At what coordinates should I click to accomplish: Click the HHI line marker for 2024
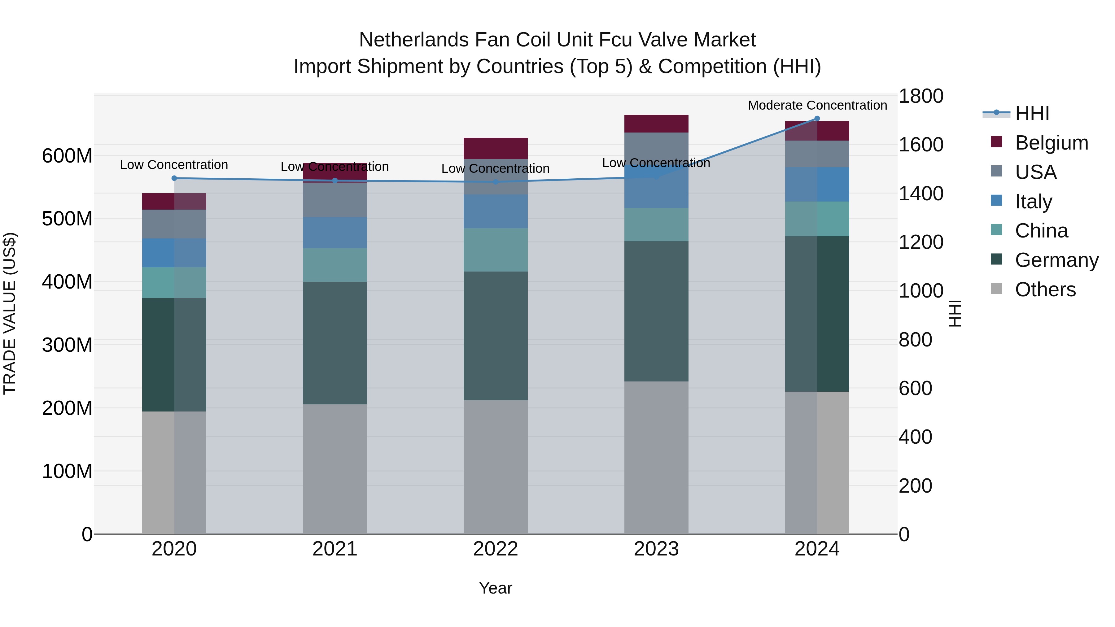coord(817,119)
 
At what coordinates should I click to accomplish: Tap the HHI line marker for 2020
coord(174,178)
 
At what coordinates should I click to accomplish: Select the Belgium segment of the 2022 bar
coord(495,148)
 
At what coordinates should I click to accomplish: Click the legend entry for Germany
coord(1056,260)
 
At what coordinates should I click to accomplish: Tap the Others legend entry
coord(1045,290)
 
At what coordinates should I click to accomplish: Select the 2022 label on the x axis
coord(495,549)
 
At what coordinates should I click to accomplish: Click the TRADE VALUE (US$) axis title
coord(10,313)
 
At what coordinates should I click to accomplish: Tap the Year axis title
coord(495,588)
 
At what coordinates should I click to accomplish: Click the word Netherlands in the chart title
coord(413,40)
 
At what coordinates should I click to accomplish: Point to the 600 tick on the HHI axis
coord(915,388)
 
